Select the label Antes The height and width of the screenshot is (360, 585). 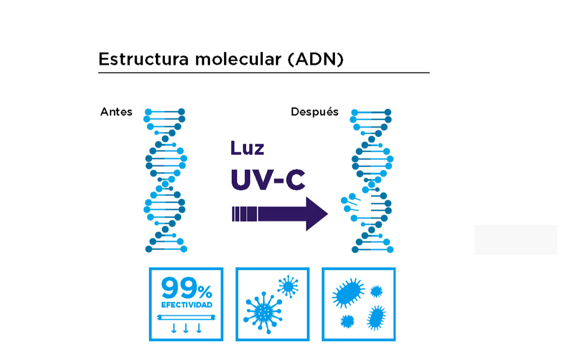click(x=116, y=112)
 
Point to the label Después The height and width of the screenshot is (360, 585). click(x=314, y=112)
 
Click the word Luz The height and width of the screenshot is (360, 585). click(x=247, y=148)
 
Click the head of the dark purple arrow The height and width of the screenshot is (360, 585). click(x=316, y=214)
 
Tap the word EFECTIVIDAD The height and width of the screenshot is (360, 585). click(x=187, y=305)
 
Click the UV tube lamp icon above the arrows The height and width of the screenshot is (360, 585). click(x=186, y=318)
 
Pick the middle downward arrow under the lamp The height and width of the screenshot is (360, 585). click(x=186, y=328)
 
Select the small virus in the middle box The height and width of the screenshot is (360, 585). click(x=288, y=286)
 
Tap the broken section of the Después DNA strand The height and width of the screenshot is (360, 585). click(x=353, y=202)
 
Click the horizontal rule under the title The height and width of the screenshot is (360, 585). click(x=264, y=73)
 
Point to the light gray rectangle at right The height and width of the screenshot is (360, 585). click(x=515, y=239)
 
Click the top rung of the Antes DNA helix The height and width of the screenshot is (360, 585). click(x=165, y=112)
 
